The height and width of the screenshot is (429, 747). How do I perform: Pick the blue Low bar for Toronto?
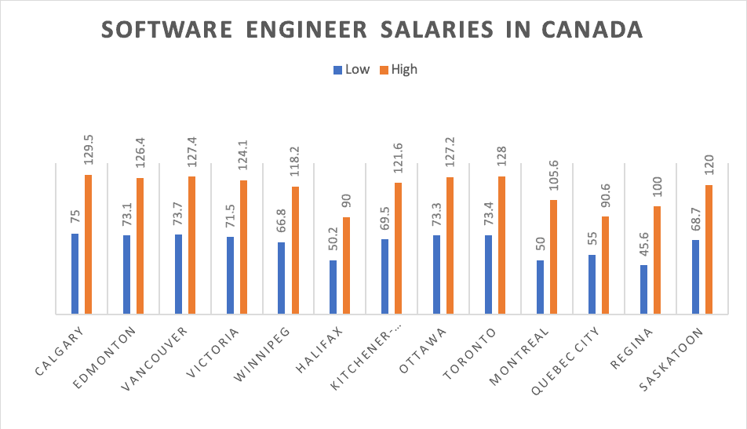[x=488, y=275]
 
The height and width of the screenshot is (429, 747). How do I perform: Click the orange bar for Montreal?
[x=554, y=257]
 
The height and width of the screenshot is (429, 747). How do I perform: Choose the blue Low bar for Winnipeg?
[x=282, y=278]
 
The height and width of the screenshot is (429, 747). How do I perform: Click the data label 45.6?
[x=644, y=240]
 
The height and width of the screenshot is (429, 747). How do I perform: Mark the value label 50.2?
[x=333, y=236]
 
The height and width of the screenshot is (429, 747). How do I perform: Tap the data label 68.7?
[x=696, y=216]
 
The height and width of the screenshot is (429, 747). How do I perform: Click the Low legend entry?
[x=351, y=69]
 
